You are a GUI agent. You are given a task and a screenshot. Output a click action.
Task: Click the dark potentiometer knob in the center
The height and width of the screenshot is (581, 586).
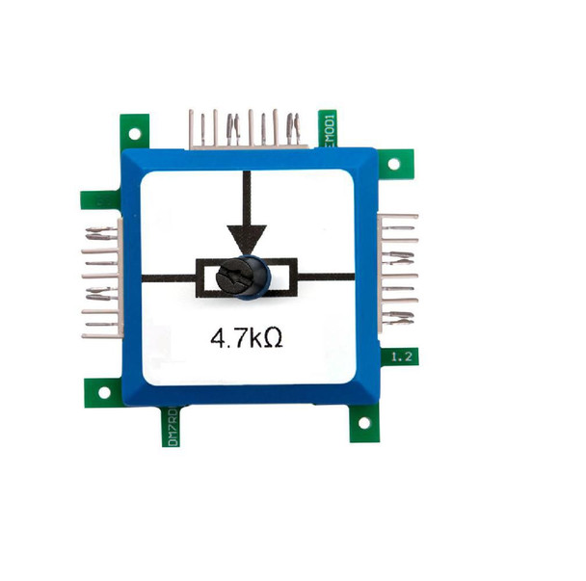[249, 277]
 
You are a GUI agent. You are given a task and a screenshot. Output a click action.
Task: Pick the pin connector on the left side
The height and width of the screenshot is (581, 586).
[102, 277]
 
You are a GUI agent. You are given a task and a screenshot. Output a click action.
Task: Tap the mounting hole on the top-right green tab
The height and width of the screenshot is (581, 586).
[391, 163]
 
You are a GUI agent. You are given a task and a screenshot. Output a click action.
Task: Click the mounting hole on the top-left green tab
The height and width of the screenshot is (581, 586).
[135, 132]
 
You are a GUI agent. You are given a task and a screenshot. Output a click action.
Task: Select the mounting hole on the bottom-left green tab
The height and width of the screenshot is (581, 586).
[103, 388]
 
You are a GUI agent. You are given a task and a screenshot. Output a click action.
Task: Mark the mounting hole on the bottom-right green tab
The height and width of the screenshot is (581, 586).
[363, 420]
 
